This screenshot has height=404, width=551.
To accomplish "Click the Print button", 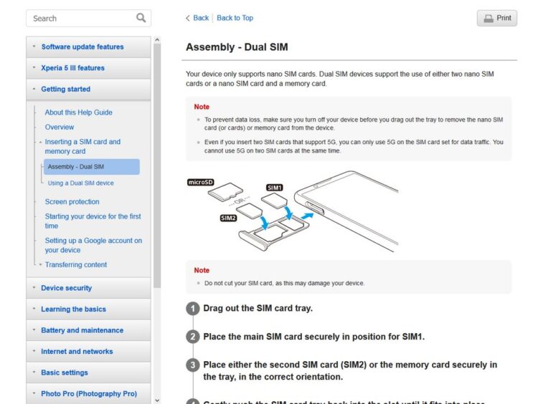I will click(x=496, y=18).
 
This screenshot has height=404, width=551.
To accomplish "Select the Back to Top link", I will click(x=235, y=18).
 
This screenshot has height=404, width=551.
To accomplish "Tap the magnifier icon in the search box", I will click(x=141, y=18).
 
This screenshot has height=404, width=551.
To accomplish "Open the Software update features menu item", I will click(x=82, y=47).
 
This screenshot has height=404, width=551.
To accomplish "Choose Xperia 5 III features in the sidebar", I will click(x=72, y=68).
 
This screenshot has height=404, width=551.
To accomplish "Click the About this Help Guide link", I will click(x=78, y=112).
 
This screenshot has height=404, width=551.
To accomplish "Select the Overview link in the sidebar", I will click(x=59, y=127).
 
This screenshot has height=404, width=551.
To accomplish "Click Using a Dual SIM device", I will click(x=80, y=183).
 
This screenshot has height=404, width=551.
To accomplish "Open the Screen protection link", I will click(x=72, y=202).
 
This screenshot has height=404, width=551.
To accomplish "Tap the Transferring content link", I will click(x=75, y=265).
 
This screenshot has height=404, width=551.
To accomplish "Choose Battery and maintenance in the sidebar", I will click(x=82, y=330).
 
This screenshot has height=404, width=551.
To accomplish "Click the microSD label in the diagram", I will click(x=201, y=183).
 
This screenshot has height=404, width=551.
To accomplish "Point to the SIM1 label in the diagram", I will click(x=274, y=188).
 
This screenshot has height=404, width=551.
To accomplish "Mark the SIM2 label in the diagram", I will click(x=228, y=218).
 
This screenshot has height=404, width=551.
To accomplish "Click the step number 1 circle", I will click(x=192, y=309).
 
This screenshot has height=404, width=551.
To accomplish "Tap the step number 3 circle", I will click(x=192, y=365).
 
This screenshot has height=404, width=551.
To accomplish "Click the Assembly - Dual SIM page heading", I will click(x=237, y=47).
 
